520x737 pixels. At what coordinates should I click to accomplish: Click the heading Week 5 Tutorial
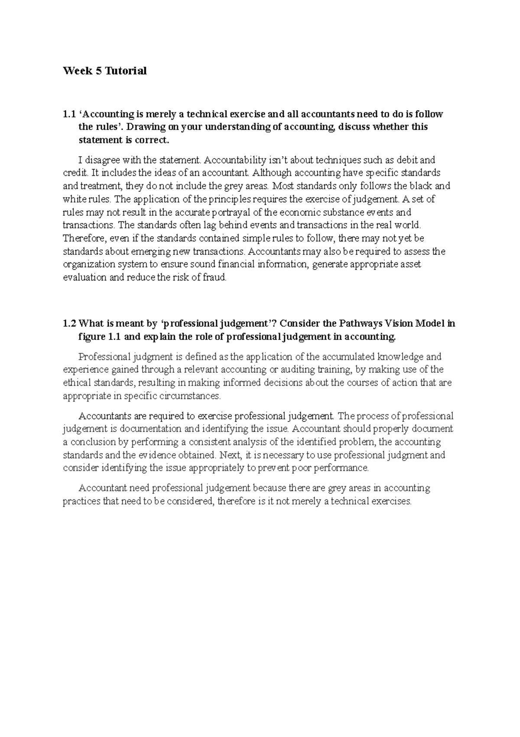[x=105, y=71]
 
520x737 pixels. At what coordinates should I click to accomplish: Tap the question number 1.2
[x=69, y=324]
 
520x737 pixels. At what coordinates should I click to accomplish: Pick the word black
[x=420, y=186]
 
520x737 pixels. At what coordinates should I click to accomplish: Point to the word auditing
[x=296, y=370]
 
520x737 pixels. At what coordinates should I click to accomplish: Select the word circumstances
[x=190, y=396]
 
